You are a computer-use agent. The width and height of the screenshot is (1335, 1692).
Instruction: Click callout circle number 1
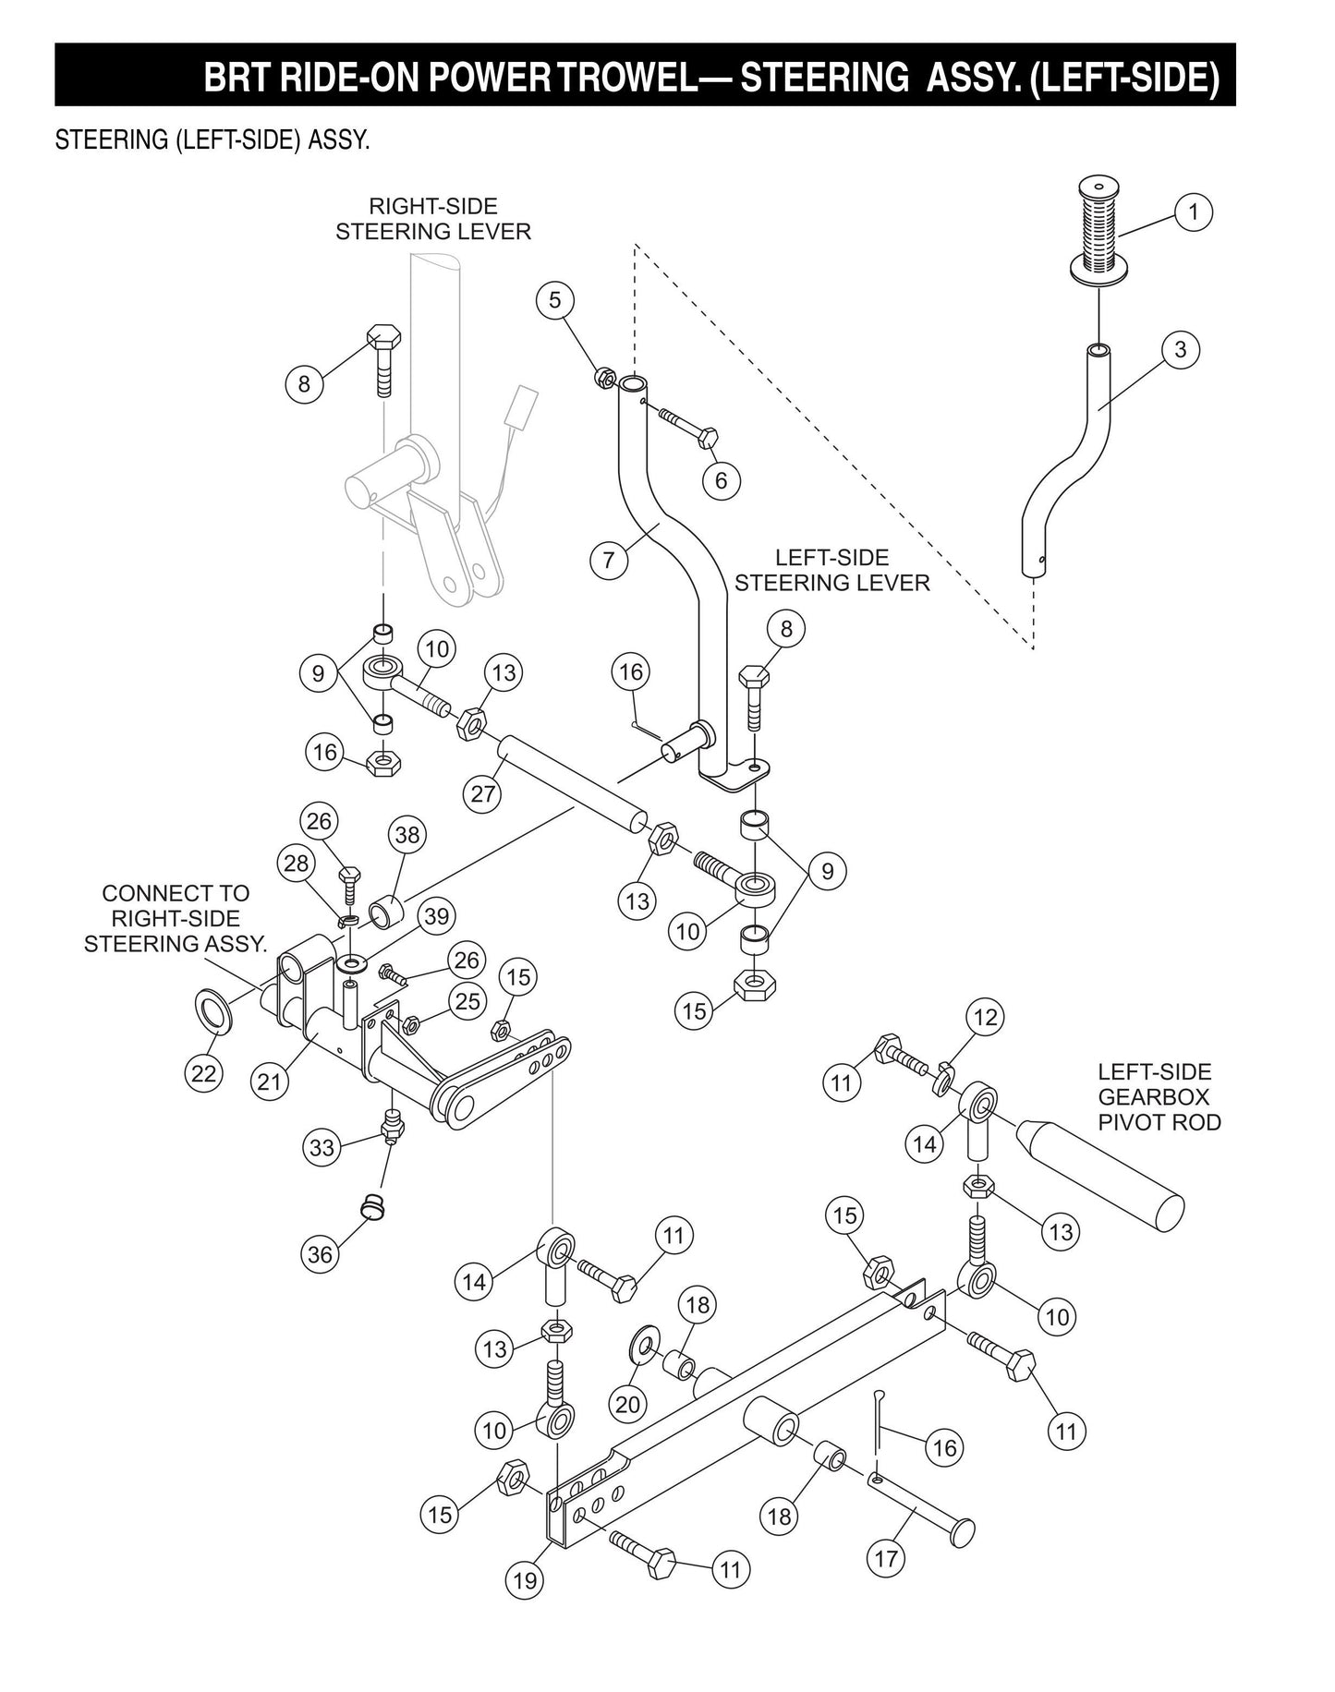(1193, 212)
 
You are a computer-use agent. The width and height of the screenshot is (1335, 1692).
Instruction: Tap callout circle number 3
(1180, 350)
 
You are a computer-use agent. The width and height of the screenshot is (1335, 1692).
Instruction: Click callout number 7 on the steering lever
(609, 560)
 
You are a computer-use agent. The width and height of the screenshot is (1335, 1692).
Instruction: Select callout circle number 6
(721, 479)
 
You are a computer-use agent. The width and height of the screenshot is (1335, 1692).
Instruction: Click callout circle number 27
(484, 792)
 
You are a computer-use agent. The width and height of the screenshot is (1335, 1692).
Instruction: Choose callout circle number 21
(269, 1081)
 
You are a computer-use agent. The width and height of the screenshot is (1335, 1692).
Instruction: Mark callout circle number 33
(322, 1148)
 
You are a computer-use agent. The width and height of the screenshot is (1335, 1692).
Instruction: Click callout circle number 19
(525, 1579)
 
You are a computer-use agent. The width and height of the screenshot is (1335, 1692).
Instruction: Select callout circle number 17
(885, 1558)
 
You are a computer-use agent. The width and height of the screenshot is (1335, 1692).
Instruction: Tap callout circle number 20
(627, 1404)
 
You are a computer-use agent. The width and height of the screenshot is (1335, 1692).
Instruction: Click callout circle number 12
(986, 1017)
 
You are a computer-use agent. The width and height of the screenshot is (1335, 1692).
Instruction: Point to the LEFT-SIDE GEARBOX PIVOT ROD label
(1159, 1097)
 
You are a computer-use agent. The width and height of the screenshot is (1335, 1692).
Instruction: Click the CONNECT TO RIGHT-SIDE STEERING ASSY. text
(176, 919)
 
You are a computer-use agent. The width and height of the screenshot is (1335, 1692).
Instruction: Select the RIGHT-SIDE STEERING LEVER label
(432, 219)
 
